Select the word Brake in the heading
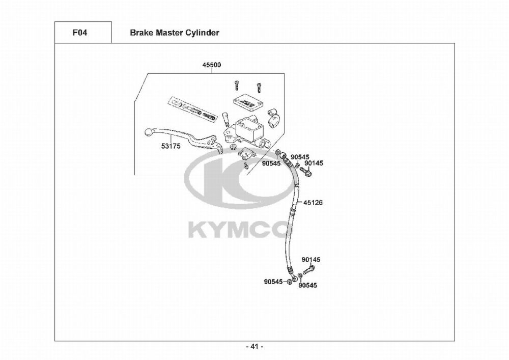(x=140, y=33)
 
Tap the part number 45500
(x=212, y=65)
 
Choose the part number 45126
(x=313, y=202)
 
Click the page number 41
(x=254, y=347)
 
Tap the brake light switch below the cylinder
(x=247, y=153)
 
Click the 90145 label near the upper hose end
(x=314, y=163)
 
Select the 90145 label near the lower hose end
(x=310, y=260)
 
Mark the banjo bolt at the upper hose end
(x=307, y=173)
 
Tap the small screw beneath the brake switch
(x=245, y=165)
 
